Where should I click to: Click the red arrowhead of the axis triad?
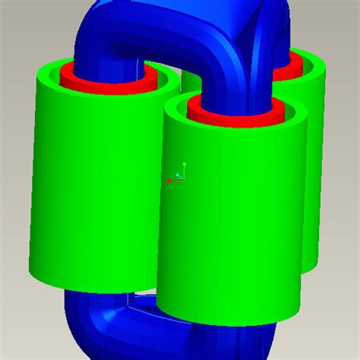(x=169, y=181)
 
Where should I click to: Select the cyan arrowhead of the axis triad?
(x=178, y=175)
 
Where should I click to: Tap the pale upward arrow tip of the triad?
(x=184, y=164)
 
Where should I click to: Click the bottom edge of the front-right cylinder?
(x=228, y=318)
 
